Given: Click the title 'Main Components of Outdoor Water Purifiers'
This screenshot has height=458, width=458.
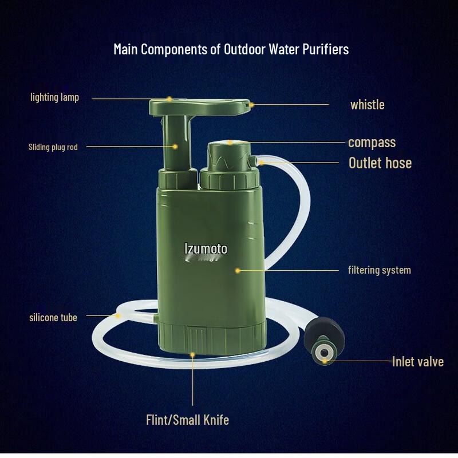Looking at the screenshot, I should (x=231, y=49).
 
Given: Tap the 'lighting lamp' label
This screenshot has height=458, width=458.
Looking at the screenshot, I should (x=54, y=97).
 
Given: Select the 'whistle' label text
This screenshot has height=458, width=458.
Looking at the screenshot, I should (x=367, y=105).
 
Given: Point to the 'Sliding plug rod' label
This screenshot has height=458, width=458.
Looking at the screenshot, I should (x=53, y=147).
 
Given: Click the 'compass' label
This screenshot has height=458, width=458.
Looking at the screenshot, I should (x=372, y=142).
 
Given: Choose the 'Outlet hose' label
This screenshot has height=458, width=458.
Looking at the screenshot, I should (x=380, y=163).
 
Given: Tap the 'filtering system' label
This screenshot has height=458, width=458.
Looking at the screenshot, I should (x=379, y=270).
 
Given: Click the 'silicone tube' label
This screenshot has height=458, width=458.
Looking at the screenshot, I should (x=53, y=317).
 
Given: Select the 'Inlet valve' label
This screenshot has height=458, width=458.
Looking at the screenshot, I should (x=417, y=361).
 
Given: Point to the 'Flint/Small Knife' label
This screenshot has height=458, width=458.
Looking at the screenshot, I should (x=187, y=420).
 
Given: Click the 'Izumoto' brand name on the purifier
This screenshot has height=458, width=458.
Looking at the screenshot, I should (x=206, y=248).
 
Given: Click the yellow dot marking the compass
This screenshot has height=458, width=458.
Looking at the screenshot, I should (x=230, y=143).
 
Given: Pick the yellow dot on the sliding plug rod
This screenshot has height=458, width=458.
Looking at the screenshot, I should (x=176, y=147).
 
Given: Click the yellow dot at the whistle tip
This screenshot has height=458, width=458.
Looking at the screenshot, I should (x=250, y=105).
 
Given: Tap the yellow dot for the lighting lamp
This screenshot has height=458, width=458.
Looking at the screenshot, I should (x=170, y=98).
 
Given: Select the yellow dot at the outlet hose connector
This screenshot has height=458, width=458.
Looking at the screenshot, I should (x=261, y=163).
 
